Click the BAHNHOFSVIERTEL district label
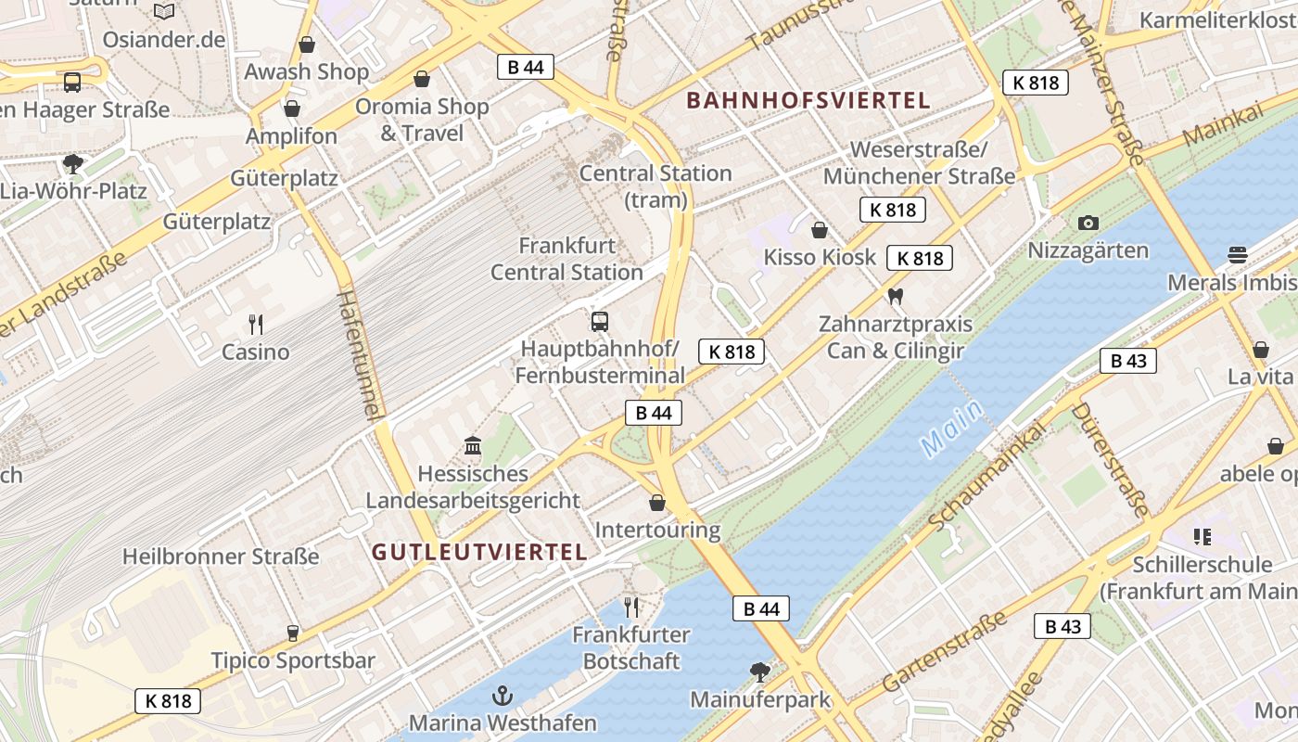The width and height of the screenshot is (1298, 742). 808,101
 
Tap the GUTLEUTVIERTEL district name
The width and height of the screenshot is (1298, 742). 479,553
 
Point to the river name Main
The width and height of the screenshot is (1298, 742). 952,429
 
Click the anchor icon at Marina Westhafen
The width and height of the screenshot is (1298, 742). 502,695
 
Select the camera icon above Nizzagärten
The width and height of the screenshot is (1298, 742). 1088,223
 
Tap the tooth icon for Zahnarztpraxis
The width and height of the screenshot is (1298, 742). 895,297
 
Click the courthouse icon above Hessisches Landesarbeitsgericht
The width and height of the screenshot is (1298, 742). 473,446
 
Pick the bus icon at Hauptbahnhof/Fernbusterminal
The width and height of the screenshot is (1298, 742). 600,322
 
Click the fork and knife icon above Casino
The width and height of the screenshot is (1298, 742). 256,325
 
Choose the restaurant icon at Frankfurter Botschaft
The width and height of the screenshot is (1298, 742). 631,608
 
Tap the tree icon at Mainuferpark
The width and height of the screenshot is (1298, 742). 760,671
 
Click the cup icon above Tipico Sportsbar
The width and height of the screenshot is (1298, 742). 293,633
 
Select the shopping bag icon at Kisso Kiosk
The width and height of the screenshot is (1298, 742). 820,230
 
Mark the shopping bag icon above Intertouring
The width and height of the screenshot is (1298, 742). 657,503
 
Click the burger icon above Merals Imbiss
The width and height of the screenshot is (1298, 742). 1237,254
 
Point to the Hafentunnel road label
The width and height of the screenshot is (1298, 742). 361,355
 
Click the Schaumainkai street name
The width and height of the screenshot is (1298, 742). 987,475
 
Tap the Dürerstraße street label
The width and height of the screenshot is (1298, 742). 1110,459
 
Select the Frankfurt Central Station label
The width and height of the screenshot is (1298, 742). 566,260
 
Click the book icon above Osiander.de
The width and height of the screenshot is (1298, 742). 164,11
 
